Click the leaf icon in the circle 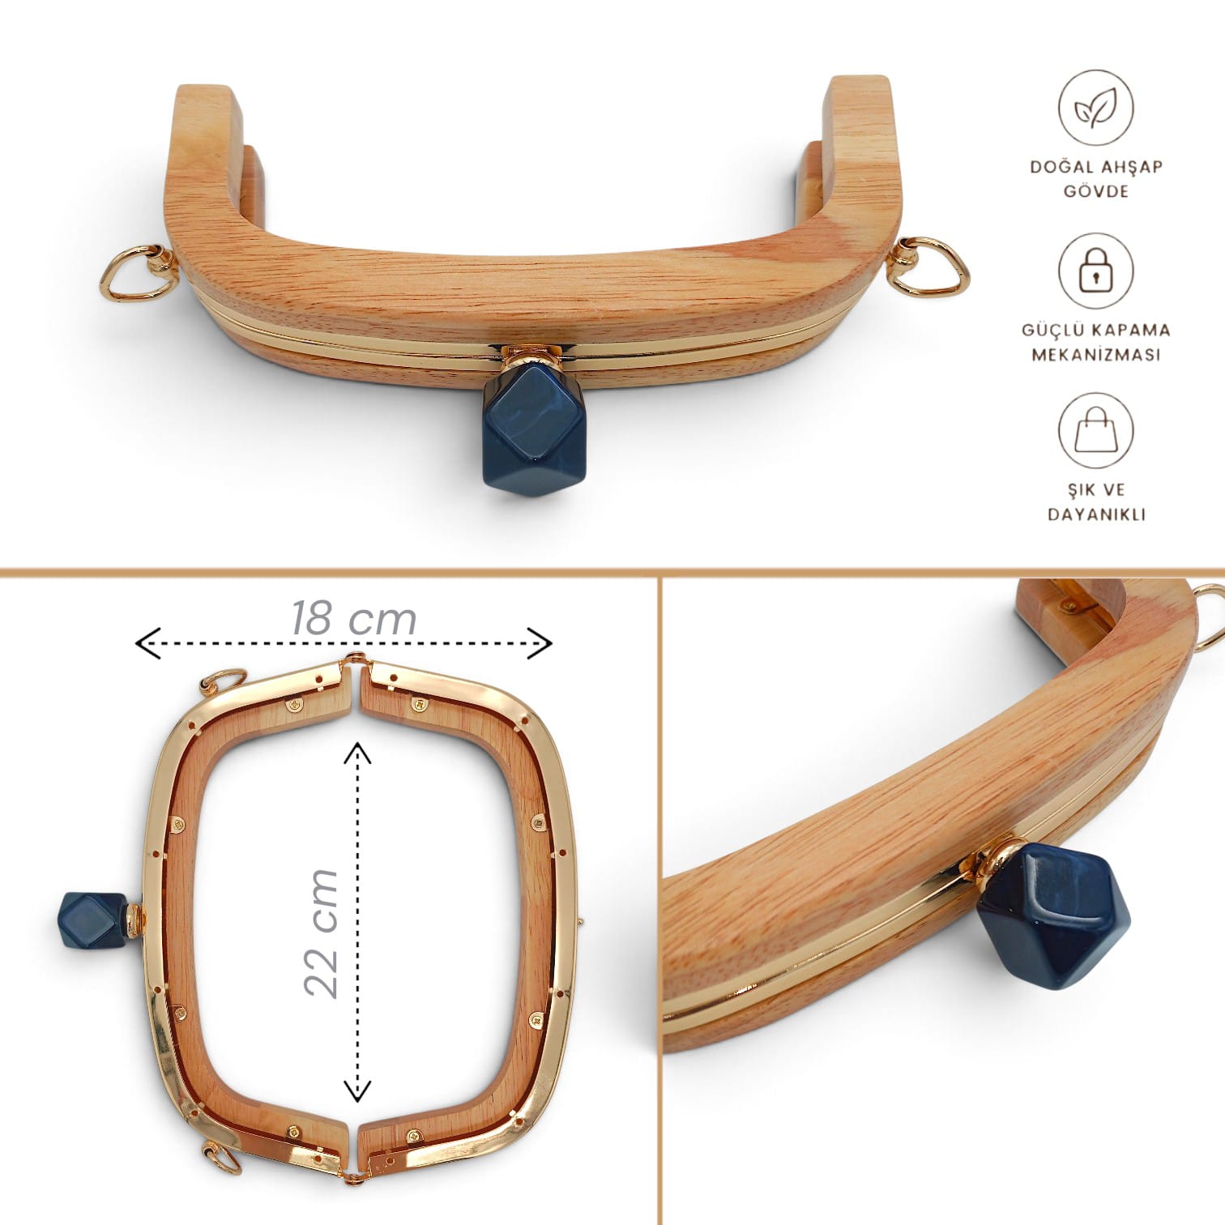pos(1095,109)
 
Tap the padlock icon pos(1095,271)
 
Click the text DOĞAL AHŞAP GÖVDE pos(1096,179)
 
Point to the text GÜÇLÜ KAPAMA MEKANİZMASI pos(1096,342)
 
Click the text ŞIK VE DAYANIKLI pos(1096,502)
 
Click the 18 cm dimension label pos(353,618)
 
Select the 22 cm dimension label pos(321,933)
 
